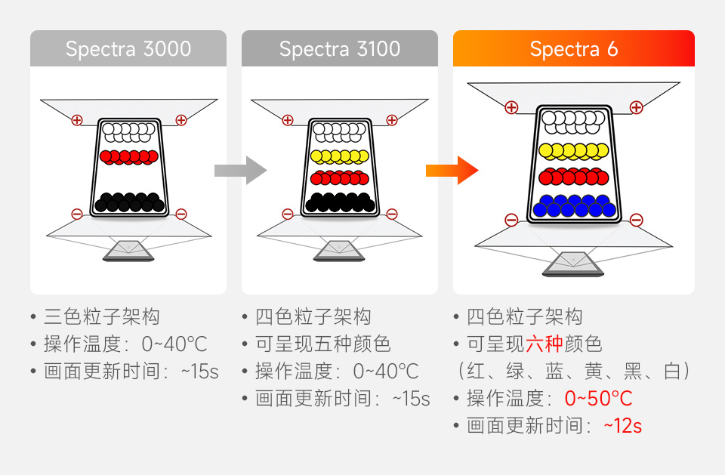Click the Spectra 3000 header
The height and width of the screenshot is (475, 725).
click(128, 49)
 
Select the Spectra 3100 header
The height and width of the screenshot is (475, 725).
click(340, 49)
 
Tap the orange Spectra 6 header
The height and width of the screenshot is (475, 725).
click(574, 49)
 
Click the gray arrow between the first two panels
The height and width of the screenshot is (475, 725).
click(240, 171)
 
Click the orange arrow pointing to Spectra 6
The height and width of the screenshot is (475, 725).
click(452, 171)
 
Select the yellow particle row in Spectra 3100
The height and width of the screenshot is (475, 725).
click(340, 156)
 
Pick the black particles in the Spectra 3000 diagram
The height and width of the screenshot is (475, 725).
click(129, 202)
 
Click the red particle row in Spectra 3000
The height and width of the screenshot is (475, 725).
click(129, 156)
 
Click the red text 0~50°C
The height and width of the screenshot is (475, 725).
click(598, 399)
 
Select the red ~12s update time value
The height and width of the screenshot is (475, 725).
click(622, 426)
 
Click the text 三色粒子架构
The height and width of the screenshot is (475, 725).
click(102, 317)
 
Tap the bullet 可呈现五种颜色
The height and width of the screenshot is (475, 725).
click(323, 344)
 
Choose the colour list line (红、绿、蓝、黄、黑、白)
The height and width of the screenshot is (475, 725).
click(574, 372)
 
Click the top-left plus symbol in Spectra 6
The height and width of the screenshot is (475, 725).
click(511, 107)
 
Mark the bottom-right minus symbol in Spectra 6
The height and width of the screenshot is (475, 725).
click(636, 220)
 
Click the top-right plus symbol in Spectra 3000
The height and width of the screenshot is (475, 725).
click(181, 119)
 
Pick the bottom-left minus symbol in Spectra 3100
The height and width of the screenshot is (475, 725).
click(288, 214)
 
